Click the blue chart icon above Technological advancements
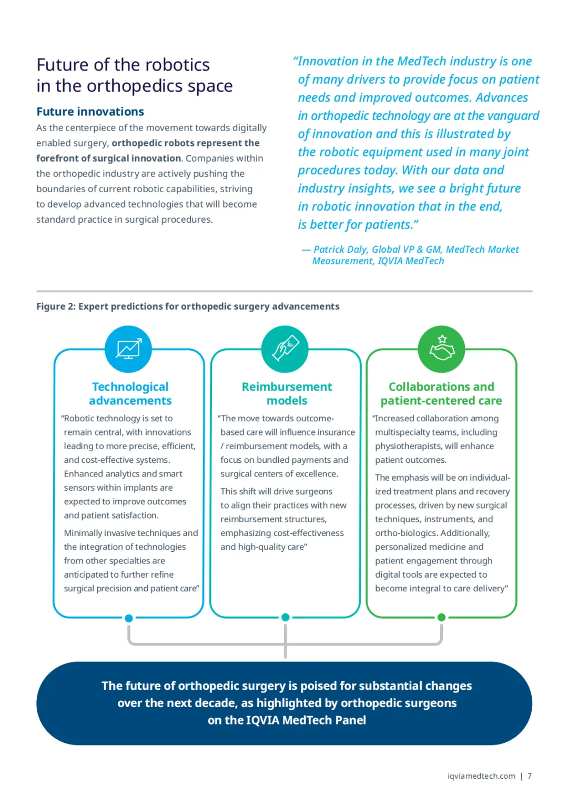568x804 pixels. [x=128, y=349]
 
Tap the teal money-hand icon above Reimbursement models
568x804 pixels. [x=285, y=349]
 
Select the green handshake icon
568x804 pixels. [x=442, y=349]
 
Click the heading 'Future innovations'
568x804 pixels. [x=90, y=112]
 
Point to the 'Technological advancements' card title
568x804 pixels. [x=130, y=393]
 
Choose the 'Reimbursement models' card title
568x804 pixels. [x=287, y=393]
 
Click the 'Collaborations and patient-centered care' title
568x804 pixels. [x=441, y=393]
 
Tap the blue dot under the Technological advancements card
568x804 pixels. [x=129, y=618]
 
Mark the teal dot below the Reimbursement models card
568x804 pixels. [x=286, y=617]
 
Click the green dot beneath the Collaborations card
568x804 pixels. [x=442, y=617]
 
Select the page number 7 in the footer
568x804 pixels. [x=530, y=776]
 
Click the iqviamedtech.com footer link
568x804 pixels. [x=481, y=776]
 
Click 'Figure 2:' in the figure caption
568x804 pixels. [x=56, y=306]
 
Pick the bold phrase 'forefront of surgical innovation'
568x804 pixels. [x=108, y=158]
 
